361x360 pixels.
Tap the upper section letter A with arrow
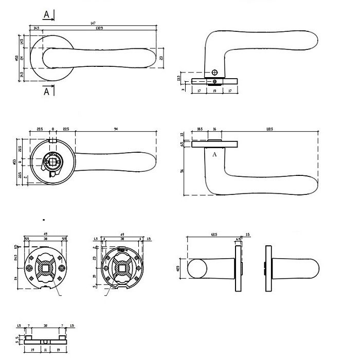(47, 14)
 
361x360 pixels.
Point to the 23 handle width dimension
(161, 58)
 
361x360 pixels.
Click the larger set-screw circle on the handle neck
(215, 73)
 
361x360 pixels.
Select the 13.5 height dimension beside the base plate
(178, 78)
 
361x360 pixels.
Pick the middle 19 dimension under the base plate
(214, 91)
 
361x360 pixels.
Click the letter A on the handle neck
(214, 154)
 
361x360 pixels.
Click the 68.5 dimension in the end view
(211, 234)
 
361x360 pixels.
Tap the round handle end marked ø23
(195, 269)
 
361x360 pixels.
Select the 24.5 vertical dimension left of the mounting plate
(17, 258)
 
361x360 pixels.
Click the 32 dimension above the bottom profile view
(46, 326)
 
